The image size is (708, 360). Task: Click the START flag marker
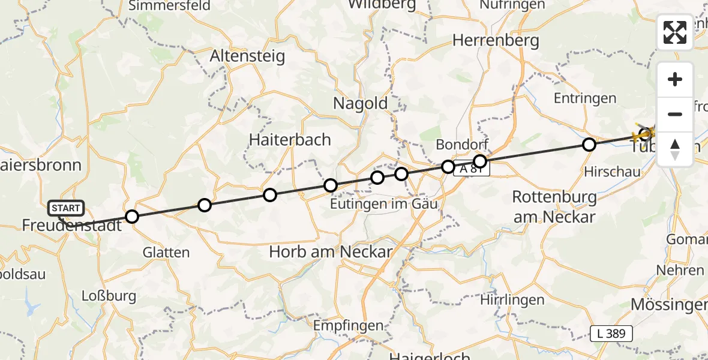point(66,209)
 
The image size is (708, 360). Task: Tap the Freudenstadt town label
point(71,226)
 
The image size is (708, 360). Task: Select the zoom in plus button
point(675,80)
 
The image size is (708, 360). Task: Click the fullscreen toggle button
point(675,32)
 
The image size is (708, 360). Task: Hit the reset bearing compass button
point(675,149)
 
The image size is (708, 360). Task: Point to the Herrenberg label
point(496,41)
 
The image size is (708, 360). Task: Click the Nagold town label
point(361,103)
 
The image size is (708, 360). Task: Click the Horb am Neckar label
point(331,252)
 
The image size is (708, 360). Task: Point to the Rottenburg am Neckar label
point(555,206)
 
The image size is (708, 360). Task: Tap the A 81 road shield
point(472,170)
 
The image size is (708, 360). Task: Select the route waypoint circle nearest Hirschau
point(589,145)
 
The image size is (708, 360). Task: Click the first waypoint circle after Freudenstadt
point(131,217)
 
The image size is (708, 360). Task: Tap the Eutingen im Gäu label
point(384,204)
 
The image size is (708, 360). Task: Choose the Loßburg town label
point(109,296)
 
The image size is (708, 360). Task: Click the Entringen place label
point(585,98)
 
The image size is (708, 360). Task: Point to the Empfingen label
point(349,326)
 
